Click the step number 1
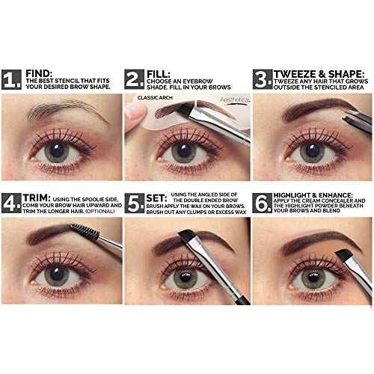11,79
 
